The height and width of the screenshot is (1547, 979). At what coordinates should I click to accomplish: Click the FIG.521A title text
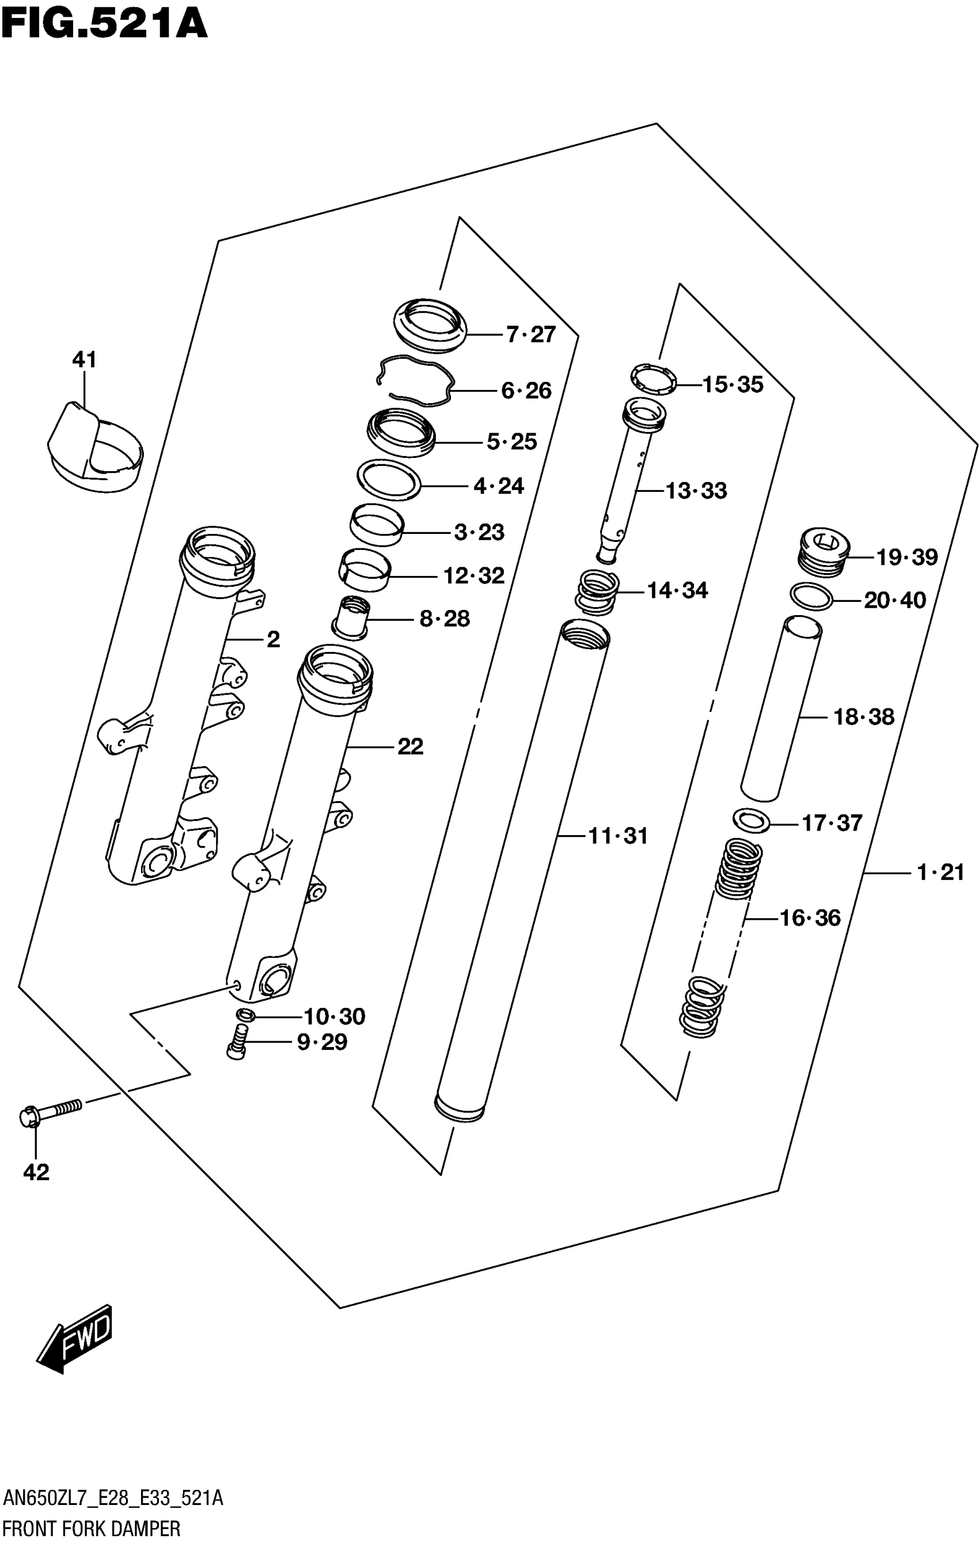pos(105,24)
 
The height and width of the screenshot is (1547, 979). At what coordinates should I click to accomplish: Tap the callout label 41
pos(84,359)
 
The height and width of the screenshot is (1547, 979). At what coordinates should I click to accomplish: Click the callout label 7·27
pos(530,335)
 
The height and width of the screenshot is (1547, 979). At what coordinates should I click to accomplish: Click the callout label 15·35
pos(733,385)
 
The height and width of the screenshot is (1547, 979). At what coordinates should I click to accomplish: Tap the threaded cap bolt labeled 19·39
pos(824,552)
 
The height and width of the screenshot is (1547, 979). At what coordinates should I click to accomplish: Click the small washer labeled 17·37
pos(751,821)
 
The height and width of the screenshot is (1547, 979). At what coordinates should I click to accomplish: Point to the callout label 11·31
pos(618,836)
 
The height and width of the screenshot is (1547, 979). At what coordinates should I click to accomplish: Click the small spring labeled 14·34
pos(597,591)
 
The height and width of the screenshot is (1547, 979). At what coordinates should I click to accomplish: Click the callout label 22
pos(410,746)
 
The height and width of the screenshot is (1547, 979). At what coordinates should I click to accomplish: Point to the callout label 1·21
pos(940,873)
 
